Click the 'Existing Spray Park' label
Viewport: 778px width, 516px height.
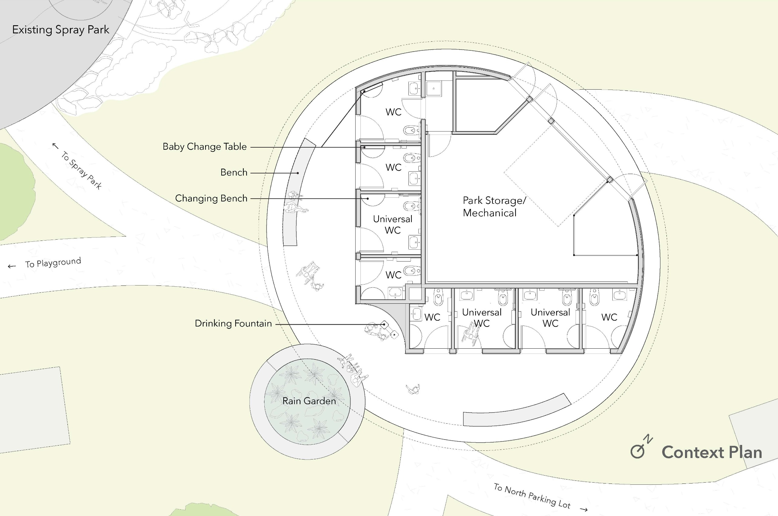click(60, 30)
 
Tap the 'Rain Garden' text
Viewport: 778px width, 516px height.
click(309, 401)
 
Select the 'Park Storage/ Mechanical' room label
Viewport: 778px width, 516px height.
click(494, 206)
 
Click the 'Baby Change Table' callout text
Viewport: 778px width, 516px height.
click(205, 146)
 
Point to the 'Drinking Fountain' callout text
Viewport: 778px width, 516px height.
click(233, 323)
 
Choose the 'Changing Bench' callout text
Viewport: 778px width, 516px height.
click(211, 198)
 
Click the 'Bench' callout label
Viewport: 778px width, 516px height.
click(234, 173)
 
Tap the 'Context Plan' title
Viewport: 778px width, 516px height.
click(711, 453)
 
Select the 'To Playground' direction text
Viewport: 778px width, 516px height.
click(53, 263)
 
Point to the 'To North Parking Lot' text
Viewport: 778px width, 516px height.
click(532, 496)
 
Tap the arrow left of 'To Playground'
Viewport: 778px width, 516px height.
click(12, 266)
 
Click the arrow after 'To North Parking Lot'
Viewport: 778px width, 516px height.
click(584, 509)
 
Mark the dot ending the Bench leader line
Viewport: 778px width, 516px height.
click(298, 173)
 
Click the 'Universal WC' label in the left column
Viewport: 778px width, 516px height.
click(392, 224)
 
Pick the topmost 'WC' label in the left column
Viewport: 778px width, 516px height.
click(394, 112)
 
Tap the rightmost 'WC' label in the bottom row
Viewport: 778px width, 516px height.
click(609, 317)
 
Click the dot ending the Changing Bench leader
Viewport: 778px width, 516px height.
click(368, 198)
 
